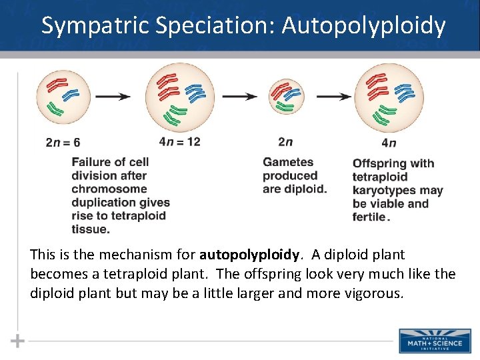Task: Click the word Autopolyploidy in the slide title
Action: [363, 25]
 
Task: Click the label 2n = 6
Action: [63, 142]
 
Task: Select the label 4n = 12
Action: [180, 141]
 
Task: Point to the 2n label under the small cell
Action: [285, 141]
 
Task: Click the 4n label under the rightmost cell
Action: [389, 142]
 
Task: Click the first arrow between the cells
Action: [113, 96]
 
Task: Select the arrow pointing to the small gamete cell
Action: [239, 96]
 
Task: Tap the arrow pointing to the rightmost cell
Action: [334, 96]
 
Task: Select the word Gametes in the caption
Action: [288, 162]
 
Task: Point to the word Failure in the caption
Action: [92, 162]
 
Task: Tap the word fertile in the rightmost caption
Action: [369, 217]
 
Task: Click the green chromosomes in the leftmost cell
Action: [55, 108]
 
